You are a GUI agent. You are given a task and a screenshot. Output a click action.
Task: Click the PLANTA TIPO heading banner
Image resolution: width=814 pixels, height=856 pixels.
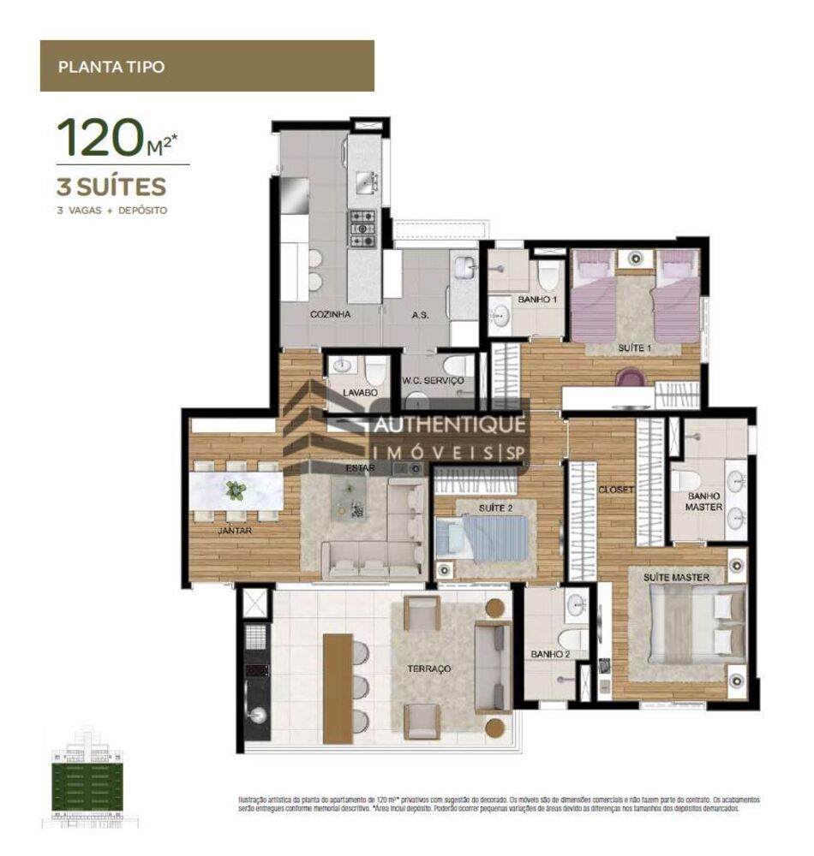click(x=206, y=66)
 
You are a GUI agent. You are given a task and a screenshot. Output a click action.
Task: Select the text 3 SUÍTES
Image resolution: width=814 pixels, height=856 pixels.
click(x=111, y=186)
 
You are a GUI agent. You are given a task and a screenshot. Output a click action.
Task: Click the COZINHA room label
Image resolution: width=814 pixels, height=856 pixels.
click(x=330, y=315)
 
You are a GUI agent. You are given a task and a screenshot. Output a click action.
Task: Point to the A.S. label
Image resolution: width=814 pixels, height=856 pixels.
click(x=420, y=315)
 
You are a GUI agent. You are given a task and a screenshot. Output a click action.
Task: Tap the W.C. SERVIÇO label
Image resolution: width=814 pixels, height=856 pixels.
click(x=433, y=380)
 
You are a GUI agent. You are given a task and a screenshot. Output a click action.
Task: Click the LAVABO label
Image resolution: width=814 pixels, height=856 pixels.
click(x=361, y=392)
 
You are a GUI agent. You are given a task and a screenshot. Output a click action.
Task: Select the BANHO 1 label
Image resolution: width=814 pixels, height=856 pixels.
click(x=537, y=300)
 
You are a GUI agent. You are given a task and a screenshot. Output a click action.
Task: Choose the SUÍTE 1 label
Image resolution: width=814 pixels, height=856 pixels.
click(x=636, y=348)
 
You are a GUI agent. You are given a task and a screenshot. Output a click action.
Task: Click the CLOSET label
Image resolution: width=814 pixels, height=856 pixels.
click(x=615, y=490)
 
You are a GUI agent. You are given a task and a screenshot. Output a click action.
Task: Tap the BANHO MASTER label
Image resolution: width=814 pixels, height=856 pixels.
click(x=704, y=501)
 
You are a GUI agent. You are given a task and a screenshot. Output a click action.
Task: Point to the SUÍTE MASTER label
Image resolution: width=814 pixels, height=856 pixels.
click(x=676, y=578)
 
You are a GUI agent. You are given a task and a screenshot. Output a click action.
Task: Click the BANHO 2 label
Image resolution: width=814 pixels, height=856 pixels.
click(x=549, y=655)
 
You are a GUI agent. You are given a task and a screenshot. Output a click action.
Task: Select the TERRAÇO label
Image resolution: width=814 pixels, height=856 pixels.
click(x=429, y=668)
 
